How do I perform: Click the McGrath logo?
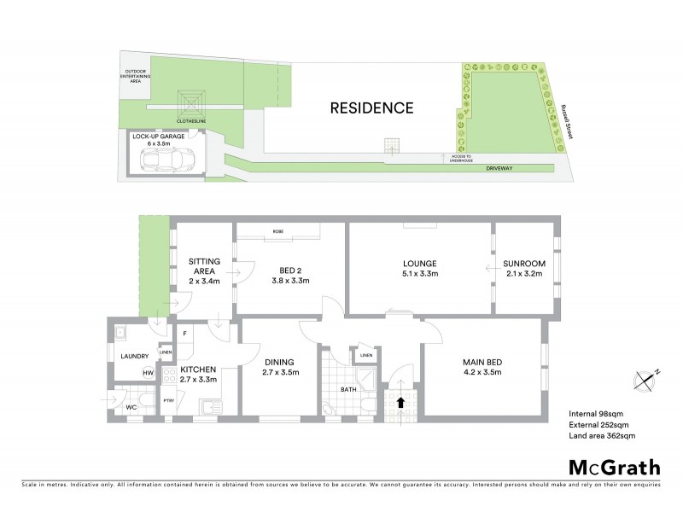(614, 467)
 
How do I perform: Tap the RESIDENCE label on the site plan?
(372, 108)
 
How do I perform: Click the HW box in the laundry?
(148, 373)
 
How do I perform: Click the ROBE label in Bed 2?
(278, 231)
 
